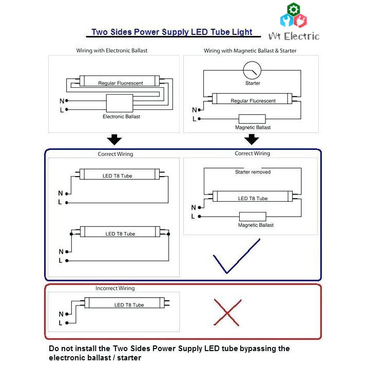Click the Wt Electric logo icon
click(x=294, y=16)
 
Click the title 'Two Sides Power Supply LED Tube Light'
click(x=171, y=32)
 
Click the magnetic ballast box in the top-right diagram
click(x=252, y=119)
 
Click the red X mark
click(x=227, y=312)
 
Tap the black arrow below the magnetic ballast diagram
click(x=252, y=140)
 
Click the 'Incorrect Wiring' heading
click(x=115, y=288)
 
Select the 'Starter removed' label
click(x=253, y=172)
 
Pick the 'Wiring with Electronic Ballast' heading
click(x=112, y=51)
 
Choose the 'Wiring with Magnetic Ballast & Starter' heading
click(x=250, y=51)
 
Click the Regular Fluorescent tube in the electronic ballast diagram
click(x=120, y=82)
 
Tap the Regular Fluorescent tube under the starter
click(x=253, y=101)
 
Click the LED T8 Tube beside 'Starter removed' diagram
click(x=253, y=198)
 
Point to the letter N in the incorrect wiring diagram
click(x=61, y=314)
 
